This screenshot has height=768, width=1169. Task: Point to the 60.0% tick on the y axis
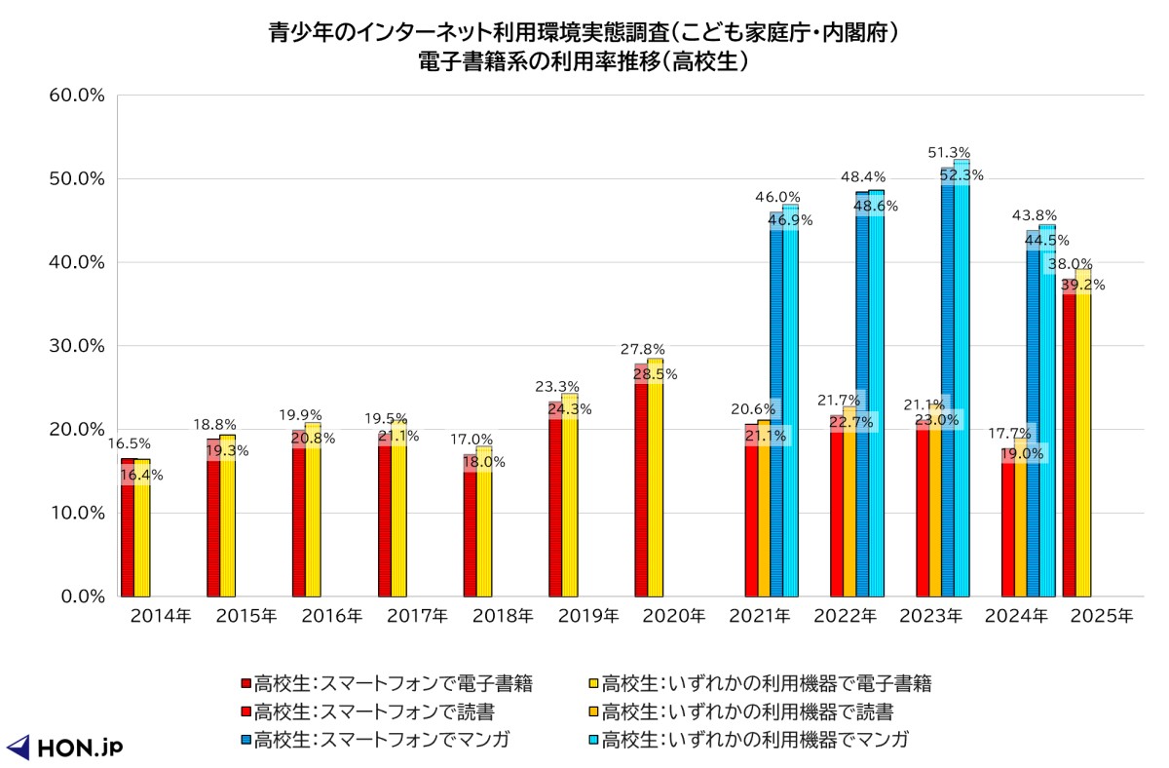76,96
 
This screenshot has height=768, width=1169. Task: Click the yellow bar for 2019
570,507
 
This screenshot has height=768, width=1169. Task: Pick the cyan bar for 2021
790,409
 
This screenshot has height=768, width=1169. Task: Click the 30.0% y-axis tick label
76,346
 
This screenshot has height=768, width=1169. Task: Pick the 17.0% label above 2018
472,440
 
